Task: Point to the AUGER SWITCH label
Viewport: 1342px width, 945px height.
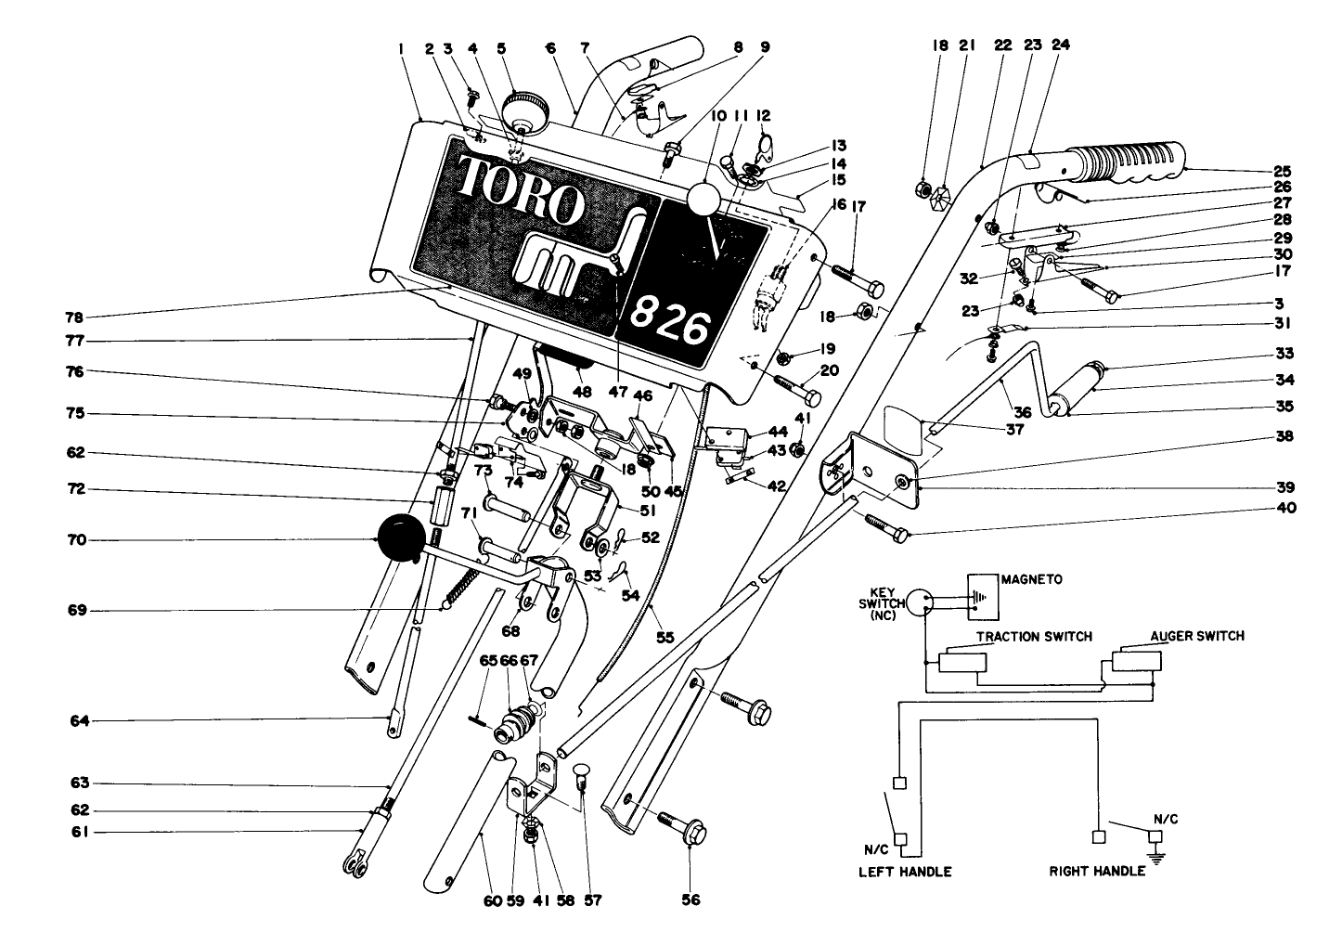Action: click(x=1197, y=636)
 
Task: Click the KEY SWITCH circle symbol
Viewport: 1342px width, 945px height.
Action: click(x=919, y=602)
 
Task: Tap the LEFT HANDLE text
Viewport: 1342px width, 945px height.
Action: click(x=905, y=872)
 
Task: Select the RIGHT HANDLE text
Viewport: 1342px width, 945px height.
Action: click(x=1097, y=872)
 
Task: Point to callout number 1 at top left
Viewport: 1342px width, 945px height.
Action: click(x=401, y=46)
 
